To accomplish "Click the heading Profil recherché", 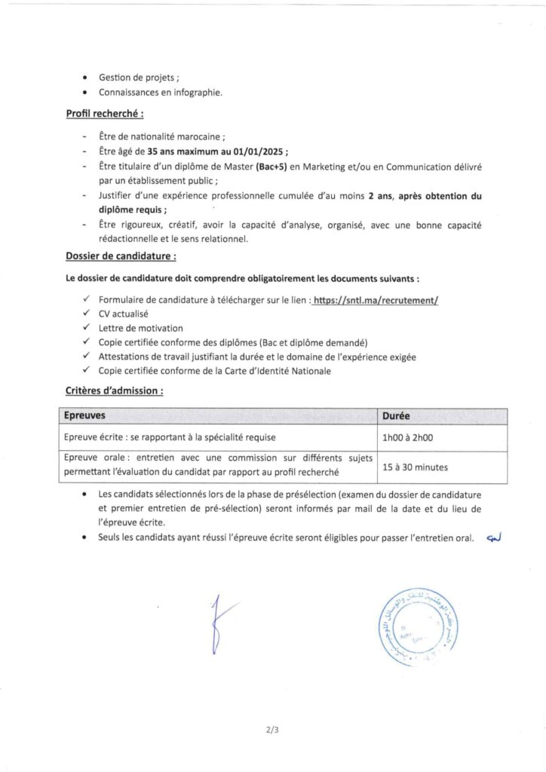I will (104, 114).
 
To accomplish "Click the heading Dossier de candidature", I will (121, 256).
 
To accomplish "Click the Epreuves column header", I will (84, 415).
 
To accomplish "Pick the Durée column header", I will (397, 415).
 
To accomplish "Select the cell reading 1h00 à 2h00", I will (408, 437).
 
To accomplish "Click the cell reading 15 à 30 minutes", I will (416, 467).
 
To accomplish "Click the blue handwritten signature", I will (219, 623).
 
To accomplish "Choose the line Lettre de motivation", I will (140, 328).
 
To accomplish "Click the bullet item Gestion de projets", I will (138, 78).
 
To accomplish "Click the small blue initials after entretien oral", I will (494, 538).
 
